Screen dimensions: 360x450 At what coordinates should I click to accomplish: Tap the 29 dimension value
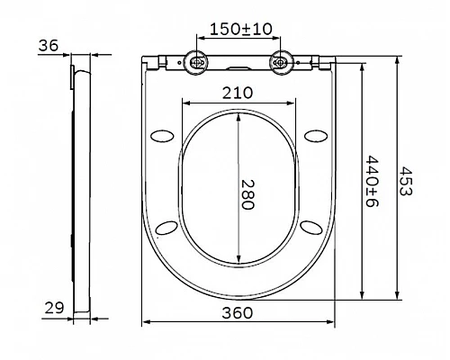click(x=53, y=308)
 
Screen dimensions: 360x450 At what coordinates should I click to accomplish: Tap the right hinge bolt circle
click(x=282, y=62)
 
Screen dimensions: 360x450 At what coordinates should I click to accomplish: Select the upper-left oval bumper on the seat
click(x=163, y=135)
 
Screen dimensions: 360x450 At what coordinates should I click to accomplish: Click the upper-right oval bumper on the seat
click(x=314, y=135)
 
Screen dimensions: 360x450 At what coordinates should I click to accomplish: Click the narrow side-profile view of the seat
click(x=78, y=180)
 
